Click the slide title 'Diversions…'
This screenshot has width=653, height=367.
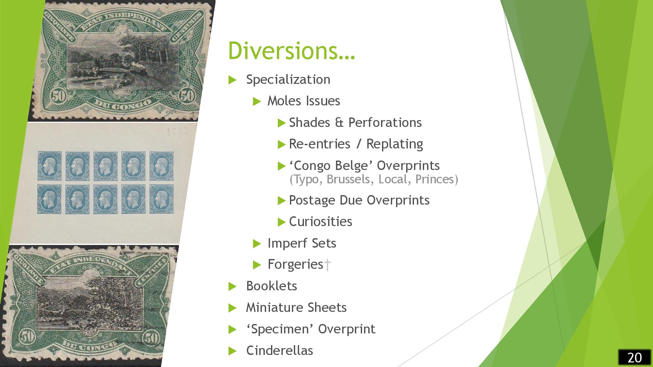291,51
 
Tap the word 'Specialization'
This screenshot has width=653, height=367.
288,80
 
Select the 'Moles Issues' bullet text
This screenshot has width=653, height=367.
304,101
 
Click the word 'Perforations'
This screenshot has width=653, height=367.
385,123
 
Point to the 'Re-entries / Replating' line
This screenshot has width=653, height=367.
356,144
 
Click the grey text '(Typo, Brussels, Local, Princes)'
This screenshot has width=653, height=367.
374,179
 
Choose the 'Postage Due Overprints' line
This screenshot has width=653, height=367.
359,200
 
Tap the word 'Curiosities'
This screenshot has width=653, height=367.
321,222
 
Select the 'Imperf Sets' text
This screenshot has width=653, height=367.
302,243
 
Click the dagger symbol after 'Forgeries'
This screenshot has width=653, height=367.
327,265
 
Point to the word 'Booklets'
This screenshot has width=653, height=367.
272,286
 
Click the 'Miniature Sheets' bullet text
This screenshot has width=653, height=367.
296,308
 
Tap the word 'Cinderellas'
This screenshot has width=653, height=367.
279,351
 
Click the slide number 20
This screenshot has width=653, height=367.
634,358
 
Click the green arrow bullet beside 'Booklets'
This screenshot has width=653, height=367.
232,286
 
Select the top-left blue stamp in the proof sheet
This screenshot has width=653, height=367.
49,166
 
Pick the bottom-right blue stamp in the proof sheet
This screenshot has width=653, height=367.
162,199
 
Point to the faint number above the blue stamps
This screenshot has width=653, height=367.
177,132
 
